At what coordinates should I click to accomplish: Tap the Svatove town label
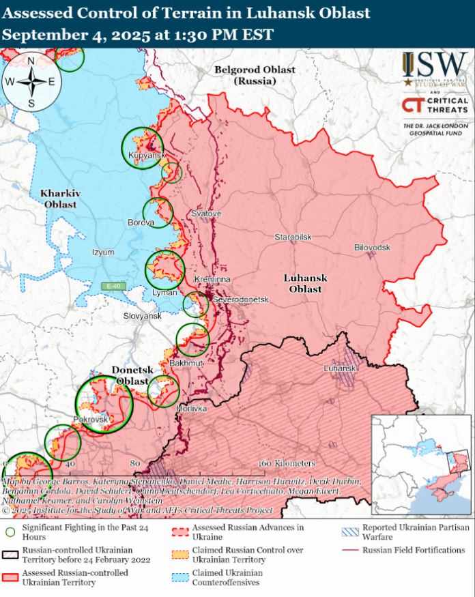click(206, 214)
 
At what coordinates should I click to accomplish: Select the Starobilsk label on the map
click(293, 237)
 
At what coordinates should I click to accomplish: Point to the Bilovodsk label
click(372, 247)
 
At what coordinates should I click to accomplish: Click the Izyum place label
click(103, 252)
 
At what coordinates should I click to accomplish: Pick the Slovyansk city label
click(142, 317)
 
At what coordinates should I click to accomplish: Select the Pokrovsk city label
click(90, 420)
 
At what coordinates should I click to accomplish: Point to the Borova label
click(141, 222)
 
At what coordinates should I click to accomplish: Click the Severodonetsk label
click(241, 300)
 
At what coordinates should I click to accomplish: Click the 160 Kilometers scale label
click(287, 463)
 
